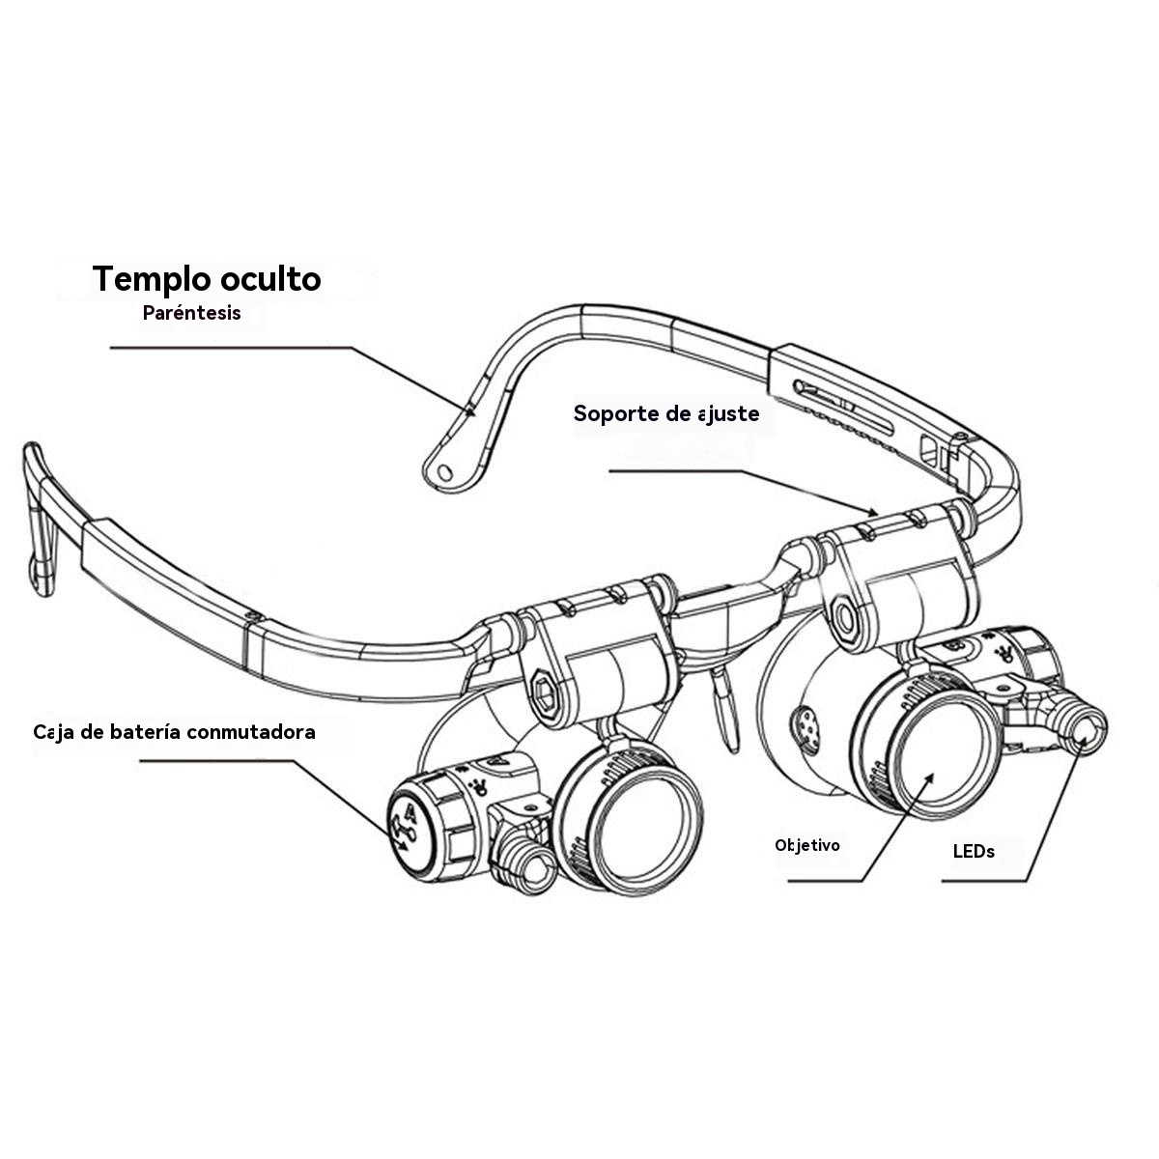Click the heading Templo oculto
[207, 279]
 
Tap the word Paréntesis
[192, 313]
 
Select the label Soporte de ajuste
[666, 413]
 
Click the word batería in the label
[149, 731]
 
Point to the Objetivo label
[807, 845]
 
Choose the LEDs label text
[974, 851]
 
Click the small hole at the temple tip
[444, 471]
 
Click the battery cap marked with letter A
[407, 825]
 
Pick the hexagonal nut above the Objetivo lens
[847, 618]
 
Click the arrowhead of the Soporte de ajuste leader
[874, 512]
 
